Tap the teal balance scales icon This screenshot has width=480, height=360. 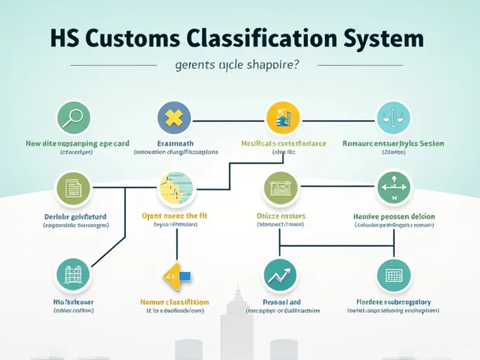(x=393, y=118)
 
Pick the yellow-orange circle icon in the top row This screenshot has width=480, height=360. (x=283, y=118)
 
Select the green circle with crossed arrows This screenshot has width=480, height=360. (x=393, y=188)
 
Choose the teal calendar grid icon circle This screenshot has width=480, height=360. (x=393, y=275)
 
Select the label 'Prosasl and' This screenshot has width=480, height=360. (x=281, y=302)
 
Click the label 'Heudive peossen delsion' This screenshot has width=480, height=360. (x=394, y=217)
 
